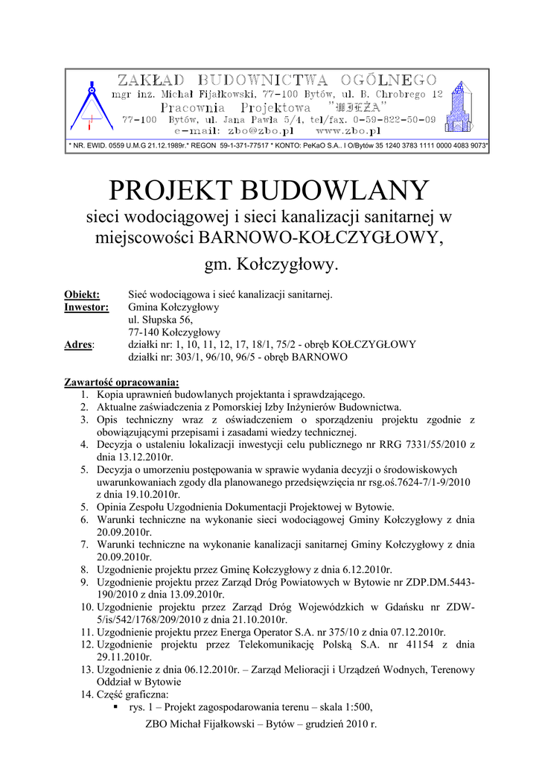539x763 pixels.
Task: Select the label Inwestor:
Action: coord(86,307)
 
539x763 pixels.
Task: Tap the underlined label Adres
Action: coord(79,345)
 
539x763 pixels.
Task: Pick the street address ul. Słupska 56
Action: coord(161,320)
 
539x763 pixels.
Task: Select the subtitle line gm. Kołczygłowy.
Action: coord(271,264)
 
